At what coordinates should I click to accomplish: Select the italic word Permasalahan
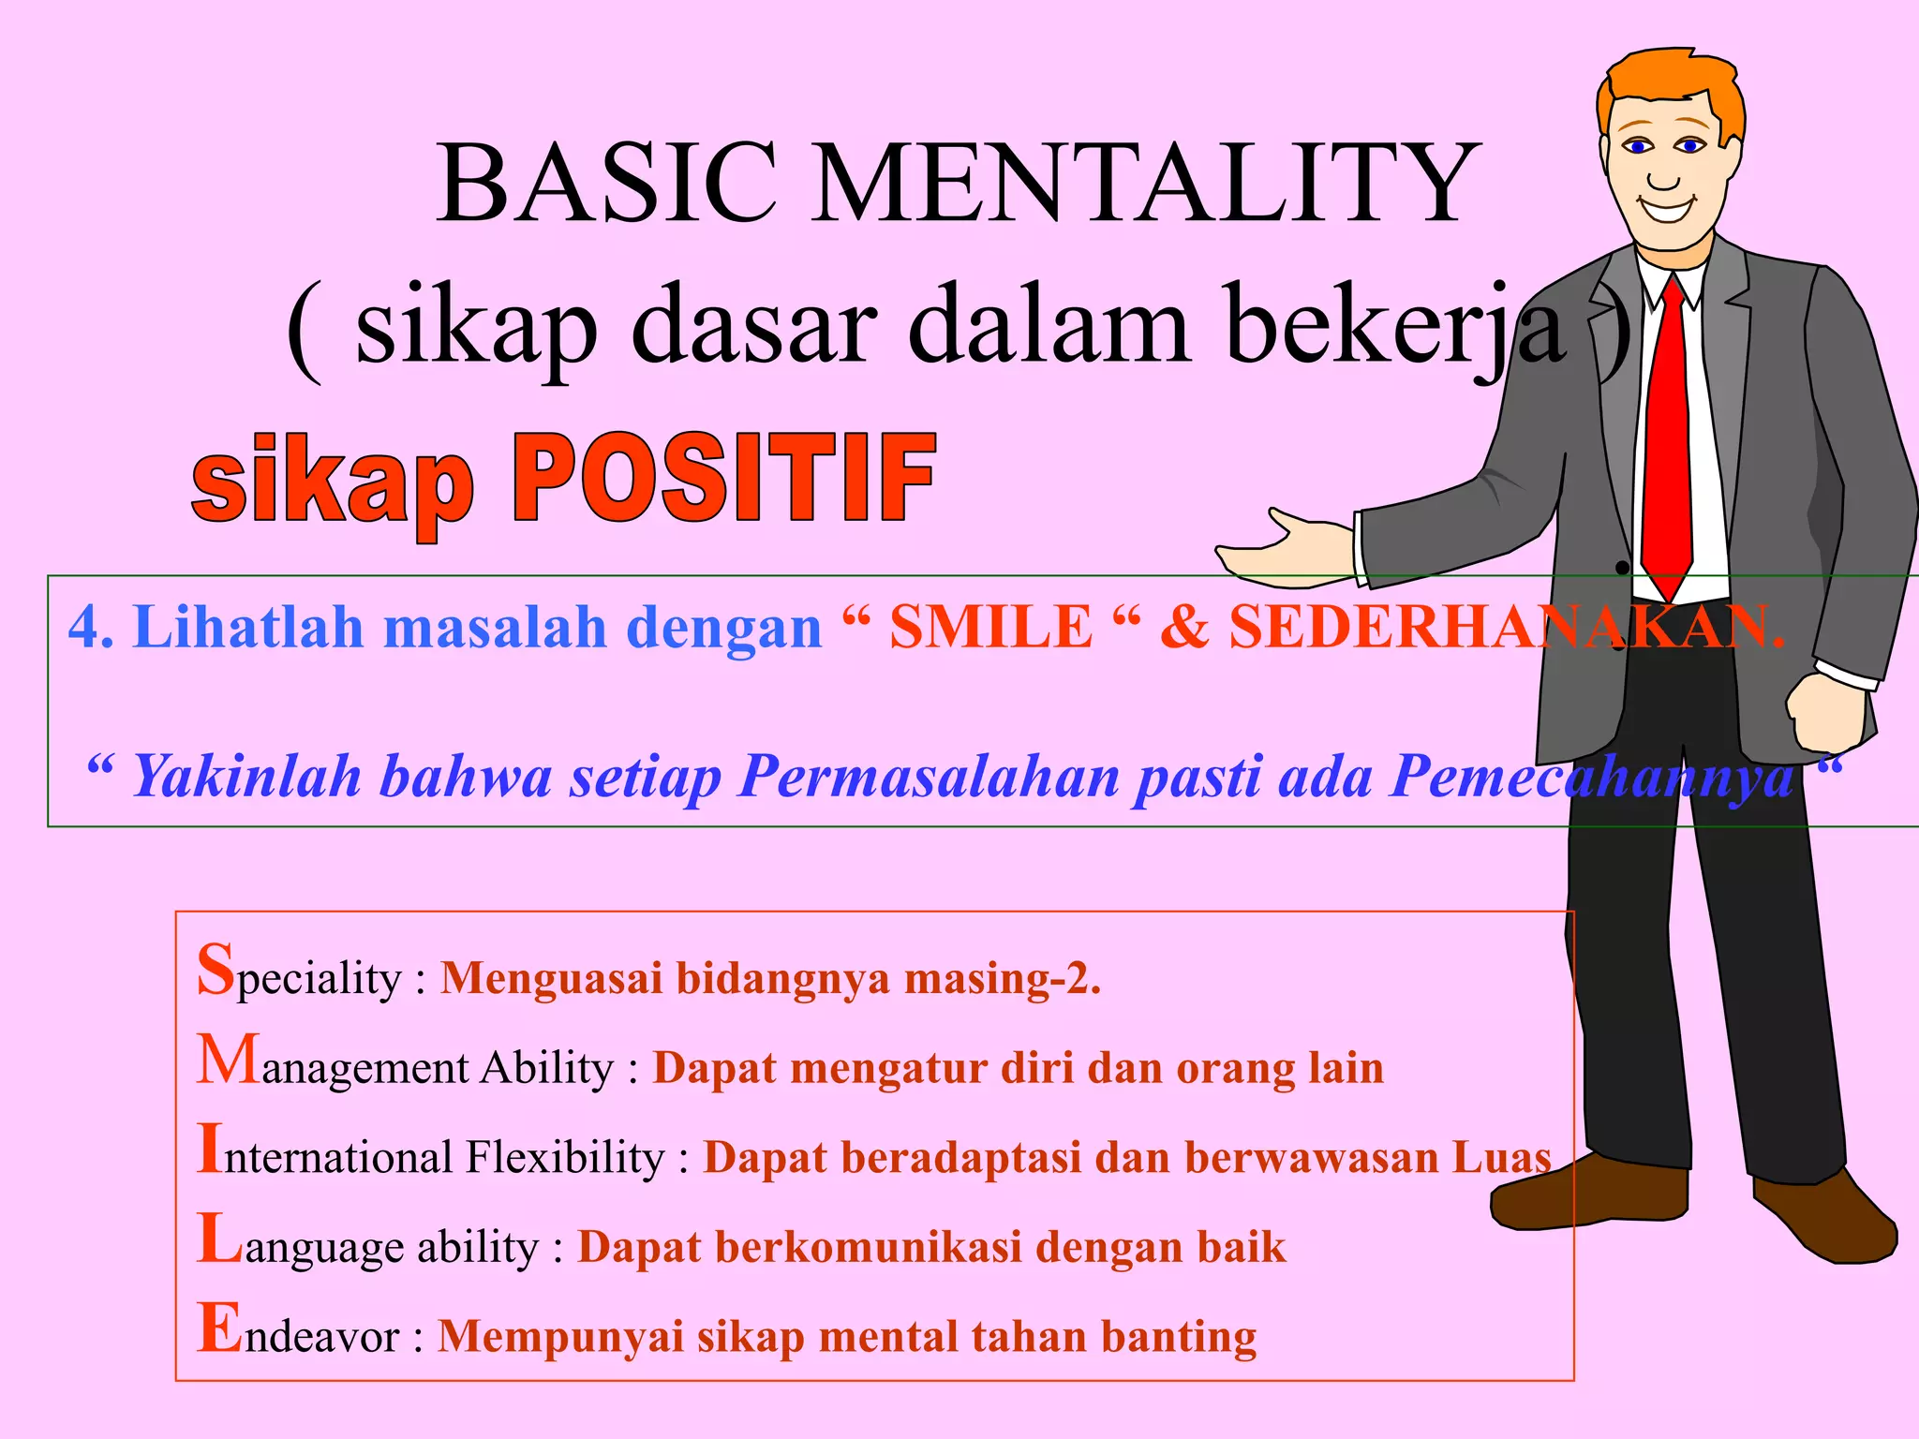click(928, 778)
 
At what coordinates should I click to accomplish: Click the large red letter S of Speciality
click(216, 969)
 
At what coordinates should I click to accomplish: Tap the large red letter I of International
click(209, 1149)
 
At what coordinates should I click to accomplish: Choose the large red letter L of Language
click(220, 1239)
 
